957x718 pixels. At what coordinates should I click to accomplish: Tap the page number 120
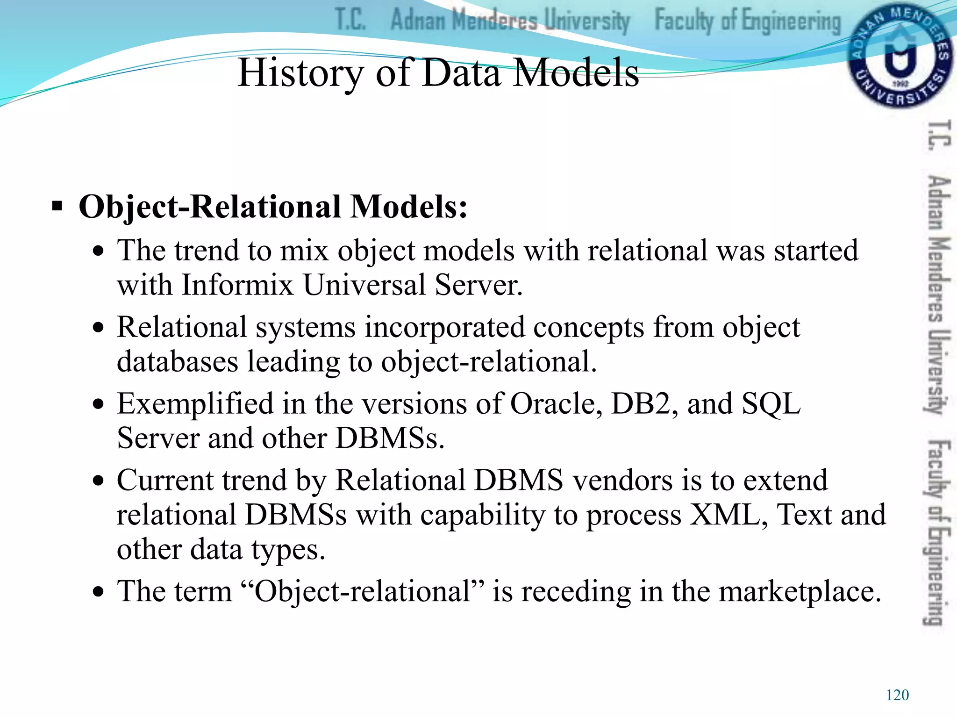897,695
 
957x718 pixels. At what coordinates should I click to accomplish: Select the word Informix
237,285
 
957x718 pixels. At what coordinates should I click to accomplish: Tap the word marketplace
800,591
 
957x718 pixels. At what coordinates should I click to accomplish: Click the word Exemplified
195,403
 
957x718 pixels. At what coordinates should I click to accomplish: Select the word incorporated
444,327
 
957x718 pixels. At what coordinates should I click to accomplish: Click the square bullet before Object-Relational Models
57,206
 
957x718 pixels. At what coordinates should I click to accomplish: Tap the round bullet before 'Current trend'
98,481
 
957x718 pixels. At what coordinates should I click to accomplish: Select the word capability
482,516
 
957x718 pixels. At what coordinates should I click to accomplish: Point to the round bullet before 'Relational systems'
98,328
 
